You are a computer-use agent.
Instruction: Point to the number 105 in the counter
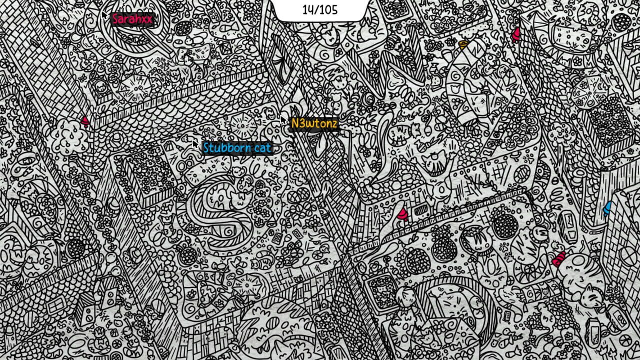(x=327, y=9)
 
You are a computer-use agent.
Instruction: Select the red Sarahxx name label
(x=131, y=19)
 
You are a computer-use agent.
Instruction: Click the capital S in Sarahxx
(x=115, y=19)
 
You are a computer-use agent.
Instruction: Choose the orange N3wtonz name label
(x=314, y=123)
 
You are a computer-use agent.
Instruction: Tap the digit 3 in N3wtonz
(x=300, y=123)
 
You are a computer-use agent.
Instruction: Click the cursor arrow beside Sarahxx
(x=103, y=15)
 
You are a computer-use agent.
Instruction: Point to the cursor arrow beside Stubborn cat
(x=195, y=143)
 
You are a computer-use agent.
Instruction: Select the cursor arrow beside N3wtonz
(x=283, y=119)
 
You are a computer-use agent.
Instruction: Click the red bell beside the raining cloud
(x=85, y=121)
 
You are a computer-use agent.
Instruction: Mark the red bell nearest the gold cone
(x=516, y=34)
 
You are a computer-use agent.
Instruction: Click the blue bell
(x=607, y=207)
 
